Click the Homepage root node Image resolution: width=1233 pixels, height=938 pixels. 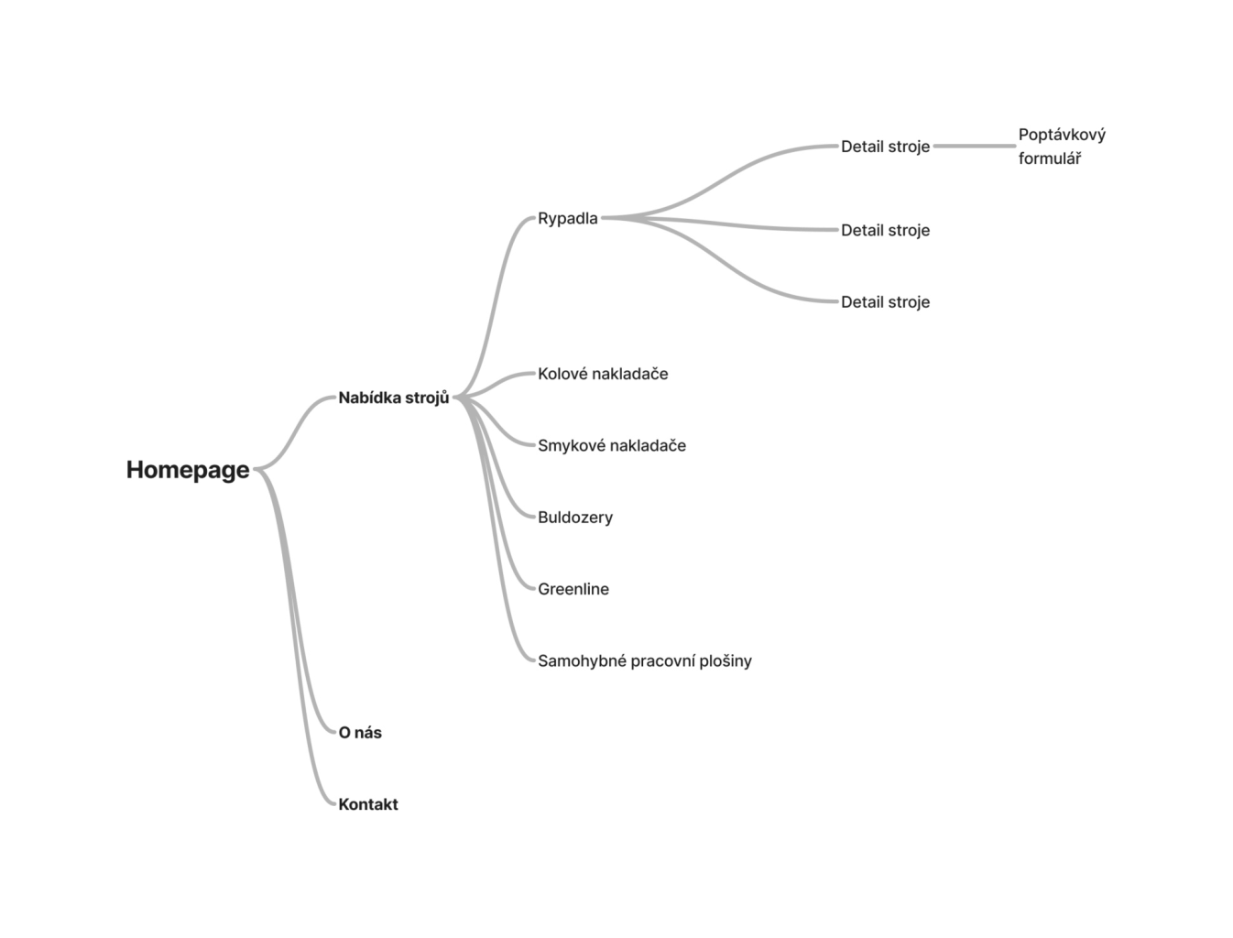coord(188,470)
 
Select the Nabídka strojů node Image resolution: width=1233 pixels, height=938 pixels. coord(394,398)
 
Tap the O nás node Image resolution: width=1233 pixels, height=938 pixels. coord(360,733)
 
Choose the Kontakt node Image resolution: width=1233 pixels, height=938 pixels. coord(368,804)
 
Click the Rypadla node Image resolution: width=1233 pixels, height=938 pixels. coord(568,219)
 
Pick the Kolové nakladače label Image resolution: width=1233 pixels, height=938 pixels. coord(603,374)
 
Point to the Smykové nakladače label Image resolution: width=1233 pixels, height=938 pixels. coord(612,446)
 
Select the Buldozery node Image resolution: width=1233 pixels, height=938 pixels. coord(575,518)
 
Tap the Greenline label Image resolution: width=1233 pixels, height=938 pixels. coord(573,589)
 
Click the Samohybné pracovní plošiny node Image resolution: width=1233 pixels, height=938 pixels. coord(645,660)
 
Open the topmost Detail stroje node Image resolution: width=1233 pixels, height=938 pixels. coord(885,147)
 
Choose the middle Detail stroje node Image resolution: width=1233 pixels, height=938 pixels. coord(885,231)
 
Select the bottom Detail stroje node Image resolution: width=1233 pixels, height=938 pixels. coord(885,302)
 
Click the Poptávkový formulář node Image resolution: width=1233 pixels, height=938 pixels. coord(1062,147)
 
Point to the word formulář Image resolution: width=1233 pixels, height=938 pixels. coord(1050,158)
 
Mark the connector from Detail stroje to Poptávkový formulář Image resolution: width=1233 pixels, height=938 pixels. coord(974,147)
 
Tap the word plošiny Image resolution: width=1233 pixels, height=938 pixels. coord(726,660)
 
